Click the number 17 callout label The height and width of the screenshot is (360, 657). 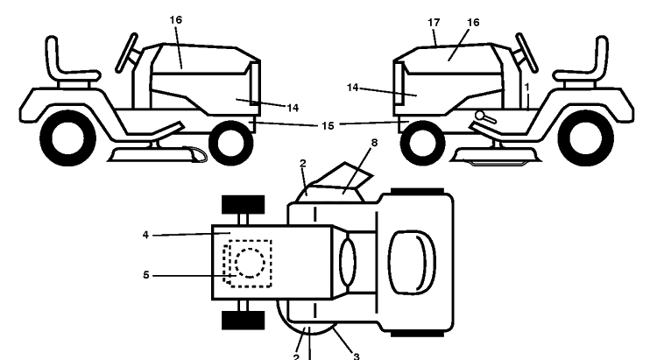pos(434,23)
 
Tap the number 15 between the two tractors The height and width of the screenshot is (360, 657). pos(328,126)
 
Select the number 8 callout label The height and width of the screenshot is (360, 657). pos(374,143)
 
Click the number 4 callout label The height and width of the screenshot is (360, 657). pos(145,235)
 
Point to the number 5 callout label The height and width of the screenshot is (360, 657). pos(145,275)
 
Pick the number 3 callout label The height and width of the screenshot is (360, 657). pos(357,356)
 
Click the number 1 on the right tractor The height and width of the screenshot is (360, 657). pos(527,87)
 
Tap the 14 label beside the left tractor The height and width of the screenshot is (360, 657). pos(293,108)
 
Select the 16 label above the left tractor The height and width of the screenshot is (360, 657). pos(176,19)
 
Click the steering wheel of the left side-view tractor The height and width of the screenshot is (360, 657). pos(126,53)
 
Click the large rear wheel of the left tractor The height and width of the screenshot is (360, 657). pos(67,138)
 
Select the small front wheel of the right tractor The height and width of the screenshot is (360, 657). pos(423,142)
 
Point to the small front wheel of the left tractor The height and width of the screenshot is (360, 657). pos(231,143)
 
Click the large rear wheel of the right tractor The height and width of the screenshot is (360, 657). pos(586,138)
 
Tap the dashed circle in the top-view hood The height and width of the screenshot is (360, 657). pos(251,263)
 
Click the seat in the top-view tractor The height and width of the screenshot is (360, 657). pos(413,262)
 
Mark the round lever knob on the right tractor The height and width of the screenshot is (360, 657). pos(479,115)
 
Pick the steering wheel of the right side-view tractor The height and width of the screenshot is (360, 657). pos(527,53)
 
